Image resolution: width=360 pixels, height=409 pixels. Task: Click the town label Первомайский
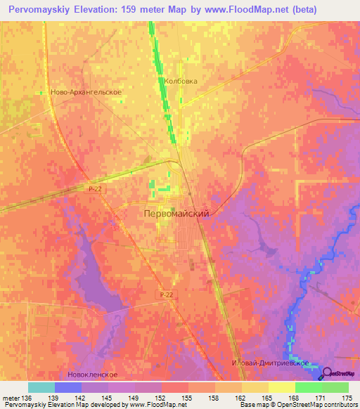coord(176,212)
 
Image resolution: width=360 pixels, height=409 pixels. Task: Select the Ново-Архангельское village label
coord(87,92)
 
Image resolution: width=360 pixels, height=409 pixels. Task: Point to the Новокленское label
coord(89,375)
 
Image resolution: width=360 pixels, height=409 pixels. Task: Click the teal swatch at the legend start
coord(41,387)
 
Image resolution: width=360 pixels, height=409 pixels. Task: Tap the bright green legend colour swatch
coord(308,387)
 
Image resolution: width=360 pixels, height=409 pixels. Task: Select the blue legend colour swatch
coord(67,387)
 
